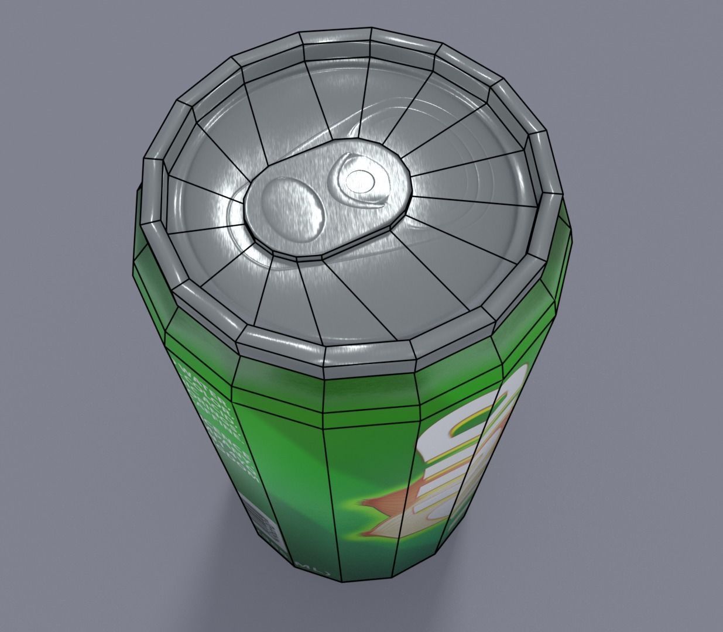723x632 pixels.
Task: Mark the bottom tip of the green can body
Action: [342, 579]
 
